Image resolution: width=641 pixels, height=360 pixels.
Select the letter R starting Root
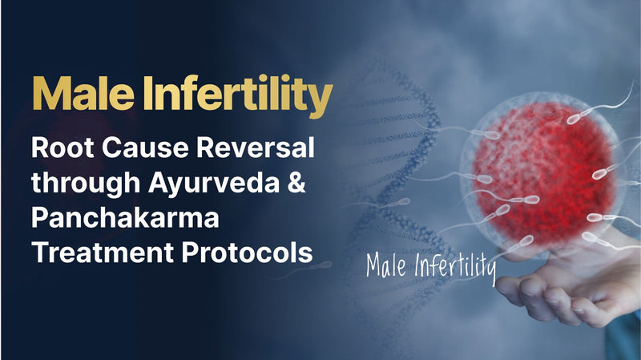click(40, 151)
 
